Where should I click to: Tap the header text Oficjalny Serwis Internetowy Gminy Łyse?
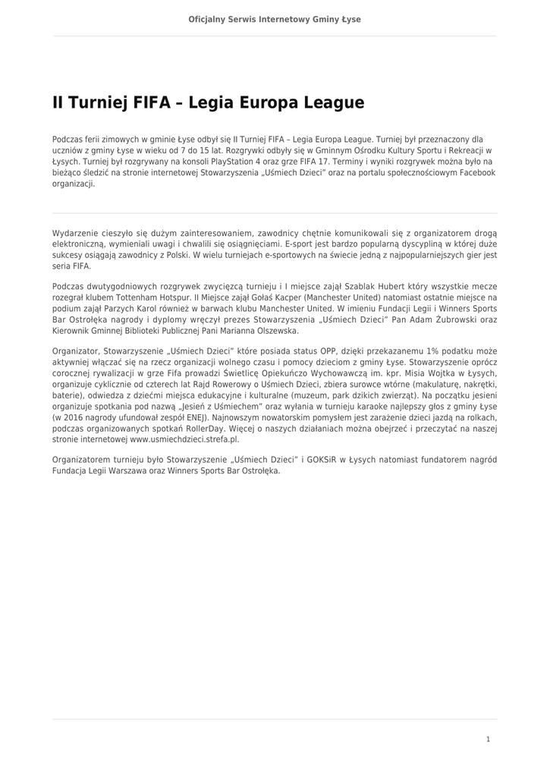pyautogui.click(x=275, y=19)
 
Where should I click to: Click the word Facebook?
pyautogui.click(x=474, y=172)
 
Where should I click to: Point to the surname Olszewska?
pyautogui.click(x=272, y=331)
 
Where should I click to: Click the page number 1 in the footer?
pyautogui.click(x=488, y=738)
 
